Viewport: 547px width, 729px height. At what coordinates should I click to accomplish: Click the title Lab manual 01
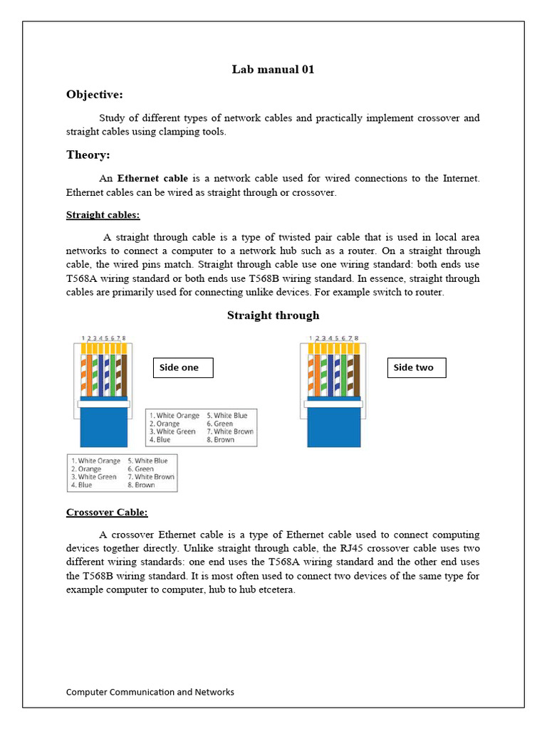[x=273, y=69]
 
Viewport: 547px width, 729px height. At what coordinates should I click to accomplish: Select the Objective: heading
[x=95, y=95]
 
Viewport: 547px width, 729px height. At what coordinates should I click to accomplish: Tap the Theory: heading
[x=88, y=154]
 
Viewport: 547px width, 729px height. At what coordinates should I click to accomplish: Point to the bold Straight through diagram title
[x=273, y=315]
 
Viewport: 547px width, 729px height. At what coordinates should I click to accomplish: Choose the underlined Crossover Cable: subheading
[x=107, y=513]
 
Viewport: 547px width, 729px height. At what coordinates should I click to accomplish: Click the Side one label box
[x=183, y=367]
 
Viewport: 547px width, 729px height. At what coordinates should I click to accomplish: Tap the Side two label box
[x=417, y=367]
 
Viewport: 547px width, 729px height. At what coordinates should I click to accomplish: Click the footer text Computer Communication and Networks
[x=150, y=692]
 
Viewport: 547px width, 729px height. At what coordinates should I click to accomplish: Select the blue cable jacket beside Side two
[x=334, y=427]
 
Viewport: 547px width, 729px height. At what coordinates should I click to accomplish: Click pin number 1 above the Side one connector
[x=83, y=338]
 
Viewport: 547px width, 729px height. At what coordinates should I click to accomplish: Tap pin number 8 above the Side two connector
[x=356, y=338]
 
